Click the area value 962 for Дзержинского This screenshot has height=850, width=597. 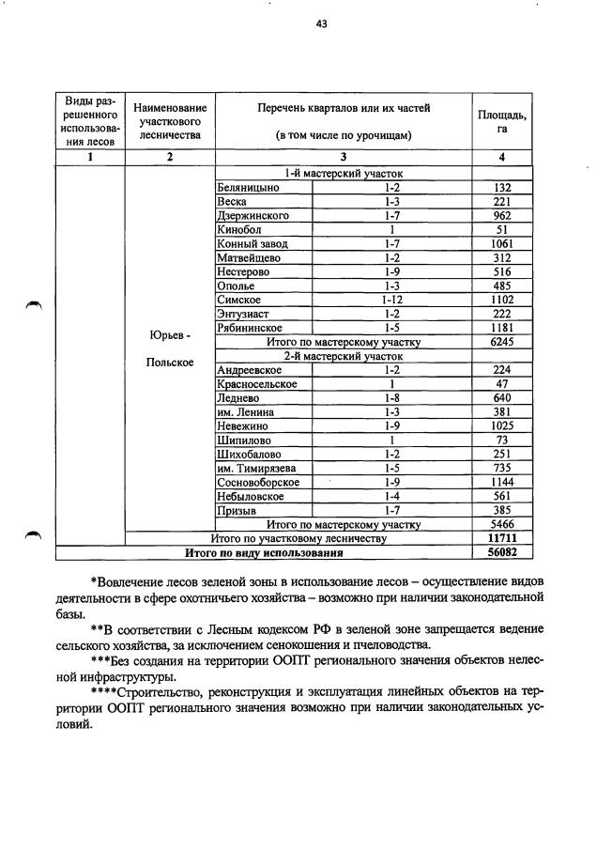pyautogui.click(x=502, y=215)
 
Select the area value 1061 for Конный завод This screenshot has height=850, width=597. pyautogui.click(x=502, y=243)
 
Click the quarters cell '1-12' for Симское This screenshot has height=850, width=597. pyautogui.click(x=392, y=300)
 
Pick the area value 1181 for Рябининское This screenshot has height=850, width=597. pyautogui.click(x=502, y=328)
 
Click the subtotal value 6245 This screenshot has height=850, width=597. pyautogui.click(x=502, y=342)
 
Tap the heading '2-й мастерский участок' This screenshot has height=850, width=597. pyautogui.click(x=344, y=356)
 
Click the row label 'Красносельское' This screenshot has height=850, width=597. pyautogui.click(x=256, y=384)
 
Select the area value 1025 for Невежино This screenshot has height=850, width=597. pyautogui.click(x=502, y=425)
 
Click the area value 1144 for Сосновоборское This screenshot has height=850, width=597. pyautogui.click(x=502, y=482)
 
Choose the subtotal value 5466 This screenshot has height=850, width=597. pyautogui.click(x=502, y=524)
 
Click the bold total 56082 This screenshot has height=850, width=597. pyautogui.click(x=502, y=553)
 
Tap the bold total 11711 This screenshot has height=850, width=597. pyautogui.click(x=502, y=539)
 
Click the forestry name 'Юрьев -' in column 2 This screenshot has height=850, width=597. pyautogui.click(x=169, y=335)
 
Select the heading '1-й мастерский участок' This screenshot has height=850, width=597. pyautogui.click(x=344, y=174)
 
